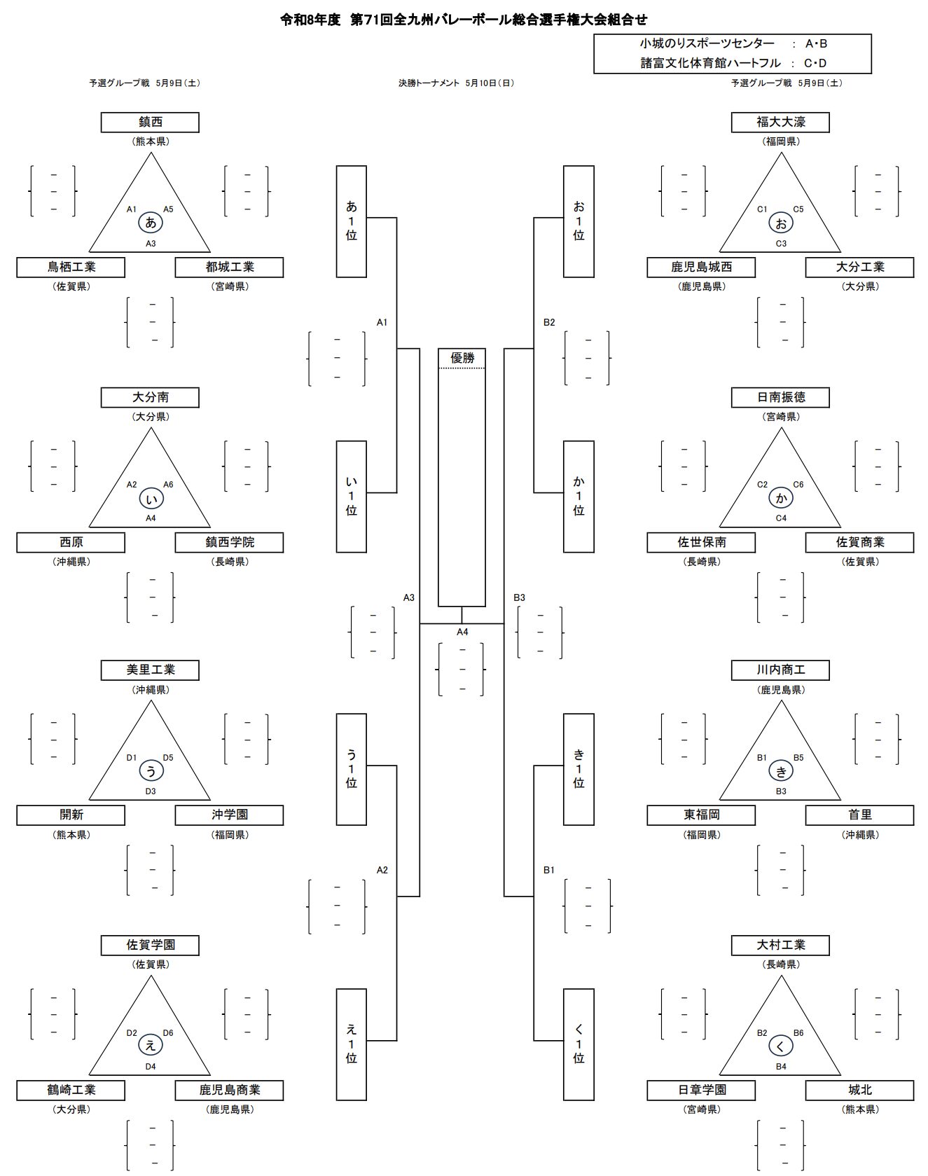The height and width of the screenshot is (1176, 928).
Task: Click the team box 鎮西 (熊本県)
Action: coord(150,123)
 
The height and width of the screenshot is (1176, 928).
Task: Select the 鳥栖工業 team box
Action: coord(71,268)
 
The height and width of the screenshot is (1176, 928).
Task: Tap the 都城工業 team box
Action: coord(229,268)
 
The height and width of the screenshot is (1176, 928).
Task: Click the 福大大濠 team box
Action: coord(780,123)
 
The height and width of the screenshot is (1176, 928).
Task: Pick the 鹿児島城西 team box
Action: coord(701,268)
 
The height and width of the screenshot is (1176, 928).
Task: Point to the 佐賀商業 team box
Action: coord(859,543)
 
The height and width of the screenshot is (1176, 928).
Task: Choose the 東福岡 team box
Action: coord(701,815)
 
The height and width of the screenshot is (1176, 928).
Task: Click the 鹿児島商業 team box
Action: coord(229,1091)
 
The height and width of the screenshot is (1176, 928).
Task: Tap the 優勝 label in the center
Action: coord(462,359)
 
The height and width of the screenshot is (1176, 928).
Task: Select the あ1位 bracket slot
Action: coord(351,221)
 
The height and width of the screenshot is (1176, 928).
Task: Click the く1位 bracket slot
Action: coord(579,1044)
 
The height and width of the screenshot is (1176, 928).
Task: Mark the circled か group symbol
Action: coord(781,499)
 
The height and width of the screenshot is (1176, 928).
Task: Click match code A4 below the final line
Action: coord(462,632)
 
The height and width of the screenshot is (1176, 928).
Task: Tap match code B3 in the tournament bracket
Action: coord(519,597)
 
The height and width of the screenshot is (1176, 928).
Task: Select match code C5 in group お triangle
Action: coord(798,209)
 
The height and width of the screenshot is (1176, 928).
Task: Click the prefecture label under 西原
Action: coord(71,562)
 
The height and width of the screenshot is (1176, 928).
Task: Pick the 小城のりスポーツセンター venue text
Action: coord(707,44)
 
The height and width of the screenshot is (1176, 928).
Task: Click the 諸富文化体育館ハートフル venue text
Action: coord(710,63)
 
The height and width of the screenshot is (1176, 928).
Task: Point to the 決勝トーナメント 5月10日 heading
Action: coord(456,83)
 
